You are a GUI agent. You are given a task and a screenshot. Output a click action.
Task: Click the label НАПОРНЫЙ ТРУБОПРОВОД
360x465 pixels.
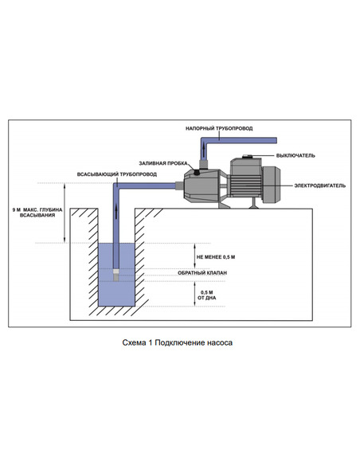[x=219, y=128]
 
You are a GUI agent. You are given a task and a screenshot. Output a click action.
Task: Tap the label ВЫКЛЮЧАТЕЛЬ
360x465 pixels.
[x=295, y=155]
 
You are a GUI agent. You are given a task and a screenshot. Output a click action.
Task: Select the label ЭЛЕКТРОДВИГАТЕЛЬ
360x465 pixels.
[x=319, y=186]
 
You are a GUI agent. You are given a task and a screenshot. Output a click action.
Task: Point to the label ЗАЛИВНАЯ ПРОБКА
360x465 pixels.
[x=163, y=163]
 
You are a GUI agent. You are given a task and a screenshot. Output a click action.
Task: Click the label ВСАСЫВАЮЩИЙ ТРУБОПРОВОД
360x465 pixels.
[x=117, y=174]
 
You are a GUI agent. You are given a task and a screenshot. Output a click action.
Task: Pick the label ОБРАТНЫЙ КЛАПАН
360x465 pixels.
[x=202, y=273]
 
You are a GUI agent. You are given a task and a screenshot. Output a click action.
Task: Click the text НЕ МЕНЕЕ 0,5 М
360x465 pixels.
[x=216, y=257]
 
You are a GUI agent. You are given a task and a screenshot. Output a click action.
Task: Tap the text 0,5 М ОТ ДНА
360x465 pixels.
[x=207, y=295]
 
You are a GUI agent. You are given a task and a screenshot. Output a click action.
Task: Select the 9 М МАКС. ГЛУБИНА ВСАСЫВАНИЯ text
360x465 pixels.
[x=37, y=213]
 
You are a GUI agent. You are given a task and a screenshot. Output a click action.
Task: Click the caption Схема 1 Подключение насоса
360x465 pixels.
[x=178, y=342]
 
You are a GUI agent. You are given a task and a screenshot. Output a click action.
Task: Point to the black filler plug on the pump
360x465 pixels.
[x=197, y=172]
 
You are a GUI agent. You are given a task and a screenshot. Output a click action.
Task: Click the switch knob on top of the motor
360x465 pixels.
[x=248, y=156]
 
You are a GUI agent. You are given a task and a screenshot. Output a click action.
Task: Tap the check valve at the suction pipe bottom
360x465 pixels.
[x=116, y=275]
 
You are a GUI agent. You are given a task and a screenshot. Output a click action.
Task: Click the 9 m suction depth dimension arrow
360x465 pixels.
[x=65, y=213]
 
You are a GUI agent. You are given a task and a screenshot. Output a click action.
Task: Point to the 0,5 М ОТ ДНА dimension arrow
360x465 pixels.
[x=195, y=293]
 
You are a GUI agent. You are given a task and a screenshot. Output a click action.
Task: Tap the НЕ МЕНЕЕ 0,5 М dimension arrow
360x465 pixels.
[x=195, y=256]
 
